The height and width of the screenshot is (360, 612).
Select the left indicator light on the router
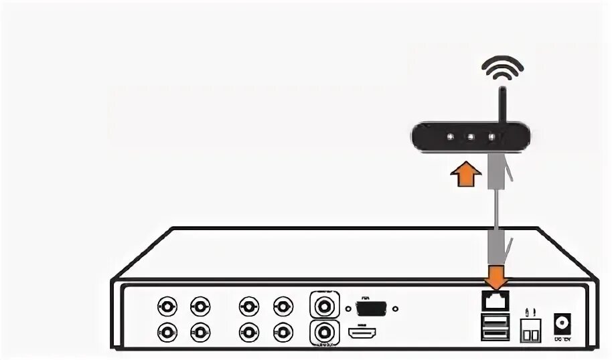[x=450, y=137]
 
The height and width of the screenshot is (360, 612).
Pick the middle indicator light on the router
[x=471, y=137]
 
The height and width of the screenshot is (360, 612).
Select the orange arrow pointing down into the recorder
[x=495, y=275]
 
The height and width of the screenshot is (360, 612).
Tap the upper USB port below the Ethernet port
[x=495, y=321]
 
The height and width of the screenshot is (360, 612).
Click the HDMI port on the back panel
[x=363, y=332]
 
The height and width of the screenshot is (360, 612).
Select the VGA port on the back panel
[x=372, y=308]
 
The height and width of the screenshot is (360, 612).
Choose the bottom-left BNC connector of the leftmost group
[x=166, y=331]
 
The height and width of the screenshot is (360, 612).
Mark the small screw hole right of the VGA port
[x=396, y=309]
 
